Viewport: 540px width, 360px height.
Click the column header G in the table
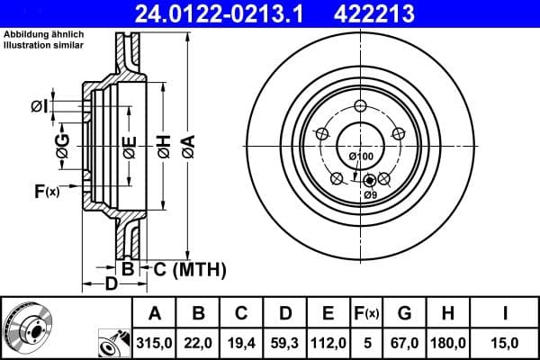tap(403, 313)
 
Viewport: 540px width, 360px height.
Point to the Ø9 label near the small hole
tap(370, 194)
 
